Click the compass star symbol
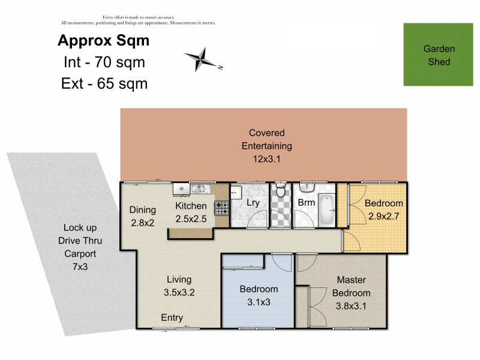tap(200, 59)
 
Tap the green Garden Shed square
tap(438, 55)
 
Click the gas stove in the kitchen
tap(221, 208)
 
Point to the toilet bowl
tap(280, 190)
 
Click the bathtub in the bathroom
tap(326, 210)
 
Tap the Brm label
tap(306, 203)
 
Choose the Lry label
tap(253, 203)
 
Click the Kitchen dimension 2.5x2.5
tap(191, 219)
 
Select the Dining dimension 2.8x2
tap(142, 223)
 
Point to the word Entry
tap(172, 318)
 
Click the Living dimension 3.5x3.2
tap(179, 292)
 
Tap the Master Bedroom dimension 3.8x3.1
tap(351, 306)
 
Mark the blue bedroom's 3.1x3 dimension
tap(259, 302)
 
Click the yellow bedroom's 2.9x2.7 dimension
tap(383, 217)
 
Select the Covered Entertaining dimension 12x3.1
tap(266, 159)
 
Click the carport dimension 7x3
tap(80, 266)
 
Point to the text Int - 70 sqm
tap(104, 62)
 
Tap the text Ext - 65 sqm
tap(104, 83)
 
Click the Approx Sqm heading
tap(103, 41)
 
